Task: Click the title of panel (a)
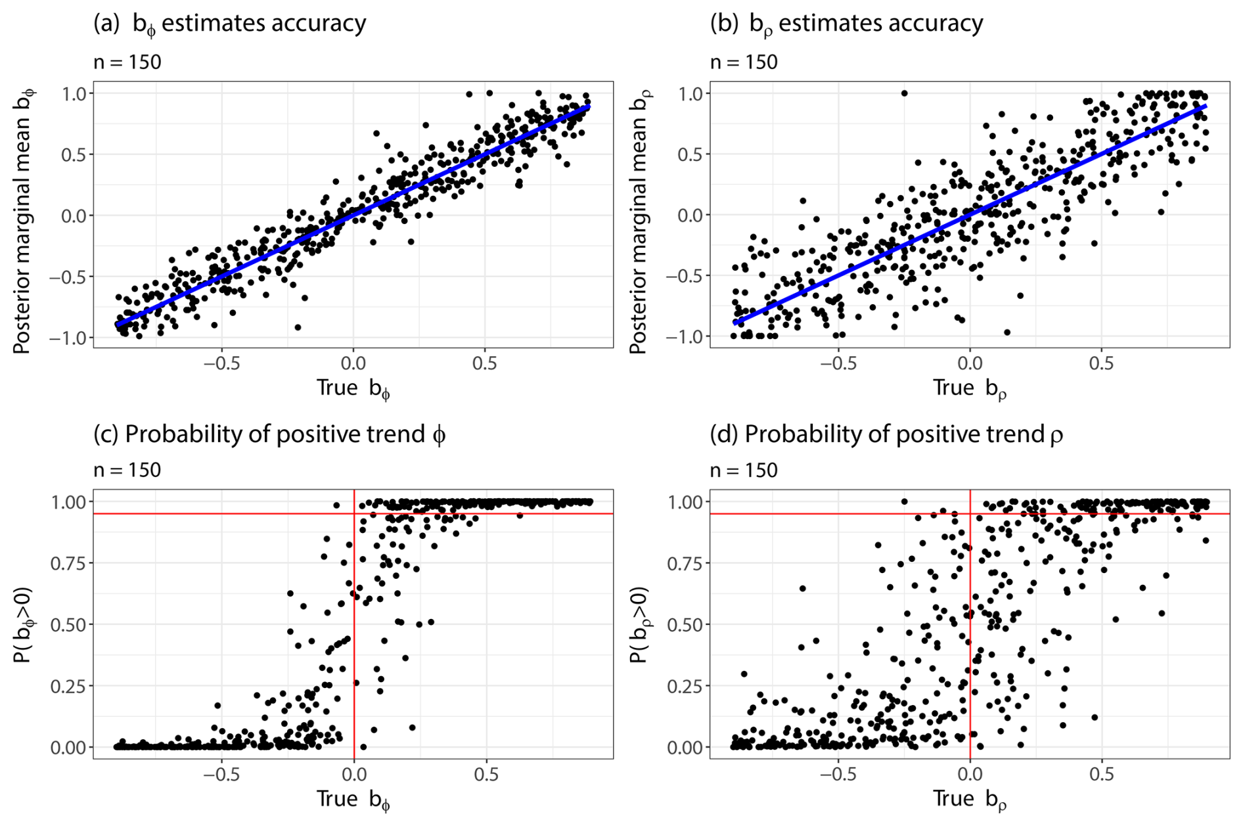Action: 230,24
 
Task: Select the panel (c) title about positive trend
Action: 269,434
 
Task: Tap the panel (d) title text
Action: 886,434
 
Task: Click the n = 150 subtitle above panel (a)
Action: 127,62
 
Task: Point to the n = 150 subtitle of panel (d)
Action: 744,470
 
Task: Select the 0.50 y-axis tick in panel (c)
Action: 68,624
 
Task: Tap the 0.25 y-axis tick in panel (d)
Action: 685,686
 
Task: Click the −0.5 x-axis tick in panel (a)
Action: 221,363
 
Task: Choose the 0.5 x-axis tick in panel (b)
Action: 1101,363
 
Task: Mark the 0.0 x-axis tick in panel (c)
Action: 353,775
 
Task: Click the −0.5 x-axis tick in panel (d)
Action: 838,775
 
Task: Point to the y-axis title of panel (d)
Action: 639,624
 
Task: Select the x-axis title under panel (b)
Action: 970,388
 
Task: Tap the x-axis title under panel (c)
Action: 353,800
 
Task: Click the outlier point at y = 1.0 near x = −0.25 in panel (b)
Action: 904,93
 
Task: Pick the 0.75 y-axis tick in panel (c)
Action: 68,563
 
